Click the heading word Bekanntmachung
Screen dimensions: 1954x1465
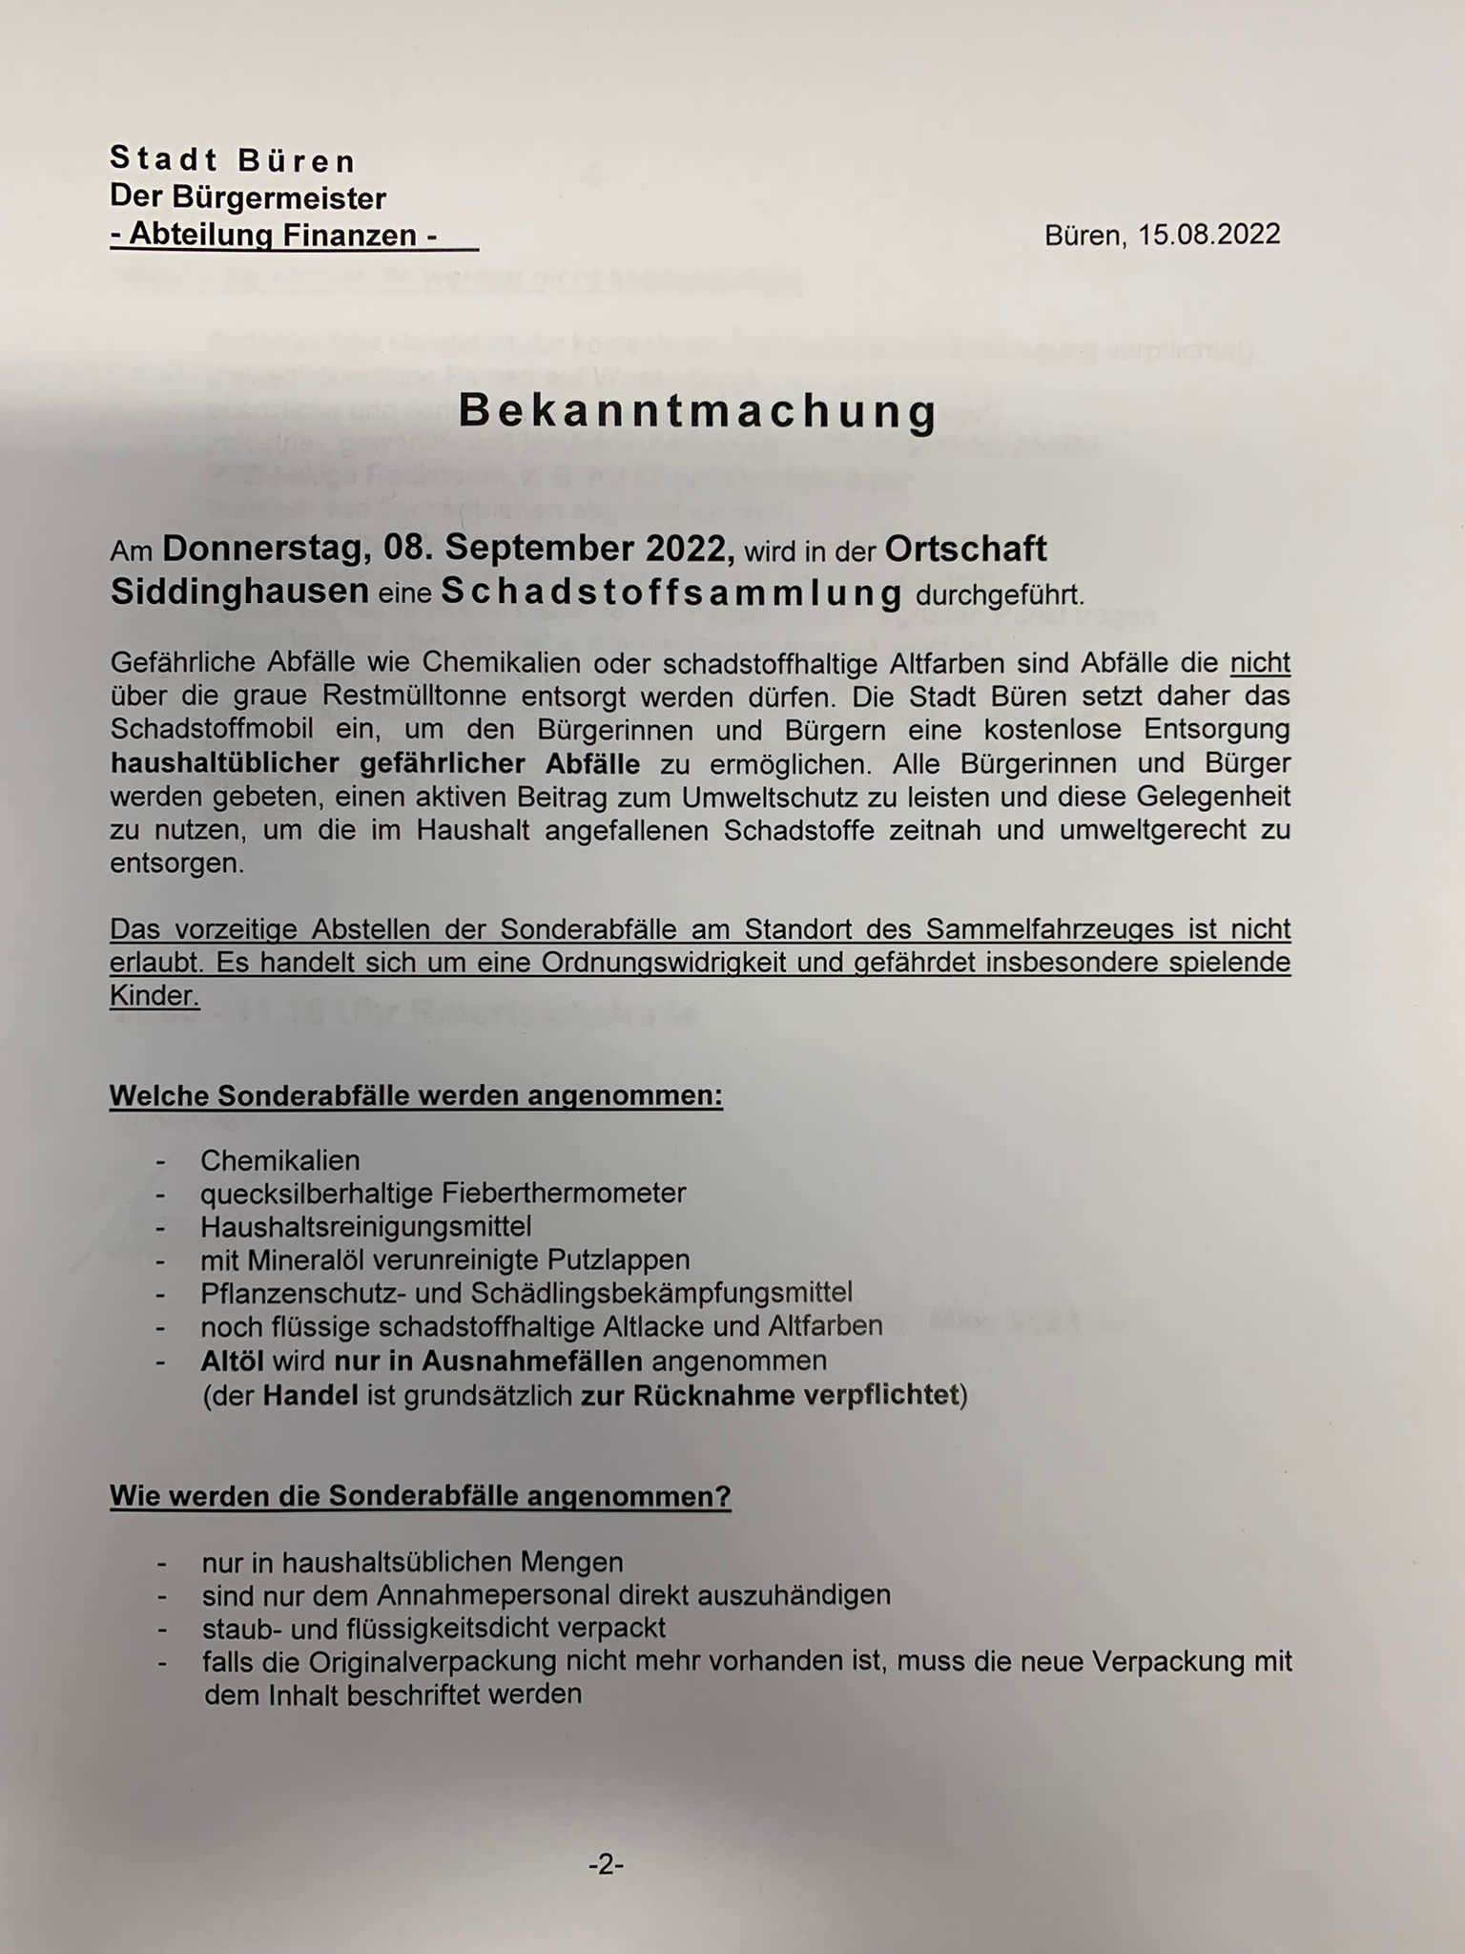pyautogui.click(x=698, y=411)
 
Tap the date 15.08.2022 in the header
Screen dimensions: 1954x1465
pyautogui.click(x=1208, y=235)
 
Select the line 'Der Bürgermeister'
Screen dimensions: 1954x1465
pyautogui.click(x=248, y=197)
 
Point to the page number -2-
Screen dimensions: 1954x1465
pyautogui.click(x=606, y=1864)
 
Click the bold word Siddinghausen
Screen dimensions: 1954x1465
pyautogui.click(x=239, y=592)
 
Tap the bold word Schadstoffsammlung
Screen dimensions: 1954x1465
pyautogui.click(x=671, y=593)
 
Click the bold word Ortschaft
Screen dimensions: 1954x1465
pyautogui.click(x=965, y=549)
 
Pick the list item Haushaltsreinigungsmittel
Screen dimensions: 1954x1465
pyautogui.click(x=365, y=1226)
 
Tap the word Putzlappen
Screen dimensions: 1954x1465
pyautogui.click(x=618, y=1259)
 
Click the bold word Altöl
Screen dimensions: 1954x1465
pyautogui.click(x=232, y=1360)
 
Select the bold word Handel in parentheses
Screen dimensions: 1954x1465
pyautogui.click(x=310, y=1395)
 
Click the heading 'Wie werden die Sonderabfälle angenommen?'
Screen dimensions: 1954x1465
pyautogui.click(x=421, y=1496)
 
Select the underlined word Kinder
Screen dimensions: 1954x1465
pyautogui.click(x=154, y=995)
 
